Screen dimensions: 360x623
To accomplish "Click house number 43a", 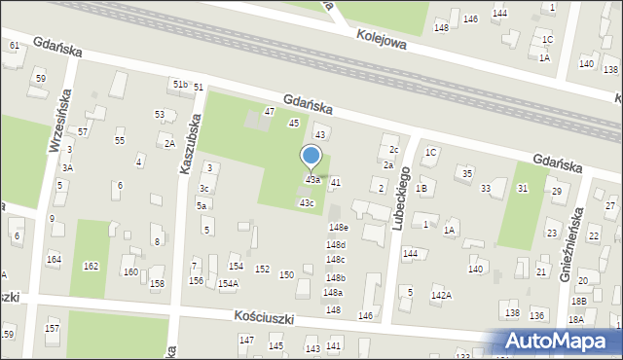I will click(312, 180).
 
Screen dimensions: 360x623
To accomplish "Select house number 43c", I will click(307, 202).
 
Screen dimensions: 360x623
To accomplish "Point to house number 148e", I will click(338, 228).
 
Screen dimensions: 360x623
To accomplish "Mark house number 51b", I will click(180, 86).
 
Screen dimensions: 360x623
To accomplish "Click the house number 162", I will click(91, 266).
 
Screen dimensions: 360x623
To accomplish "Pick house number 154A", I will click(228, 284).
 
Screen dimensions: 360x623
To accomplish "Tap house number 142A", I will click(441, 294).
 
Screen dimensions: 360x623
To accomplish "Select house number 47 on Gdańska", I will click(270, 112).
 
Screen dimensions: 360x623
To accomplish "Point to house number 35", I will click(468, 173).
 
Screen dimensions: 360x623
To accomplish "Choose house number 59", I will click(40, 78).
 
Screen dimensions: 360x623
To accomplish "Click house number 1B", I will click(421, 188).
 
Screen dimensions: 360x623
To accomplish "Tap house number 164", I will click(54, 259).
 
